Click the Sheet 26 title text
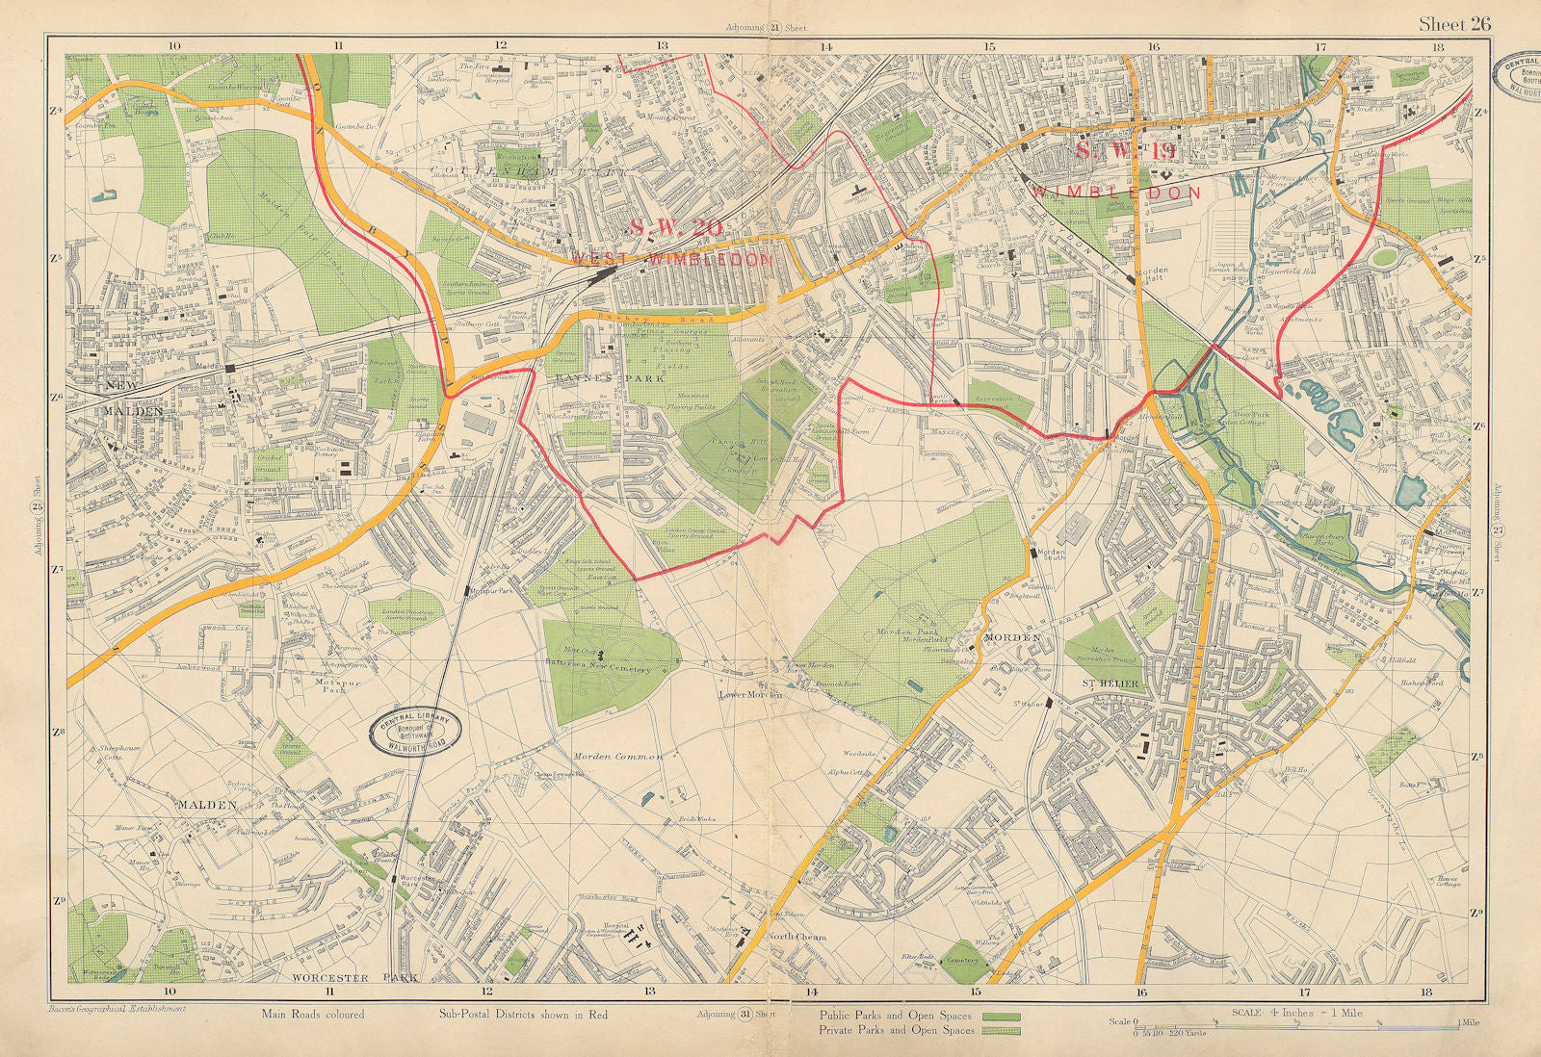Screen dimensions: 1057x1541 pos(1453,24)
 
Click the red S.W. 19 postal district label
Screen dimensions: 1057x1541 pos(1123,152)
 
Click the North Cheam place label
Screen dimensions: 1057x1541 pos(797,938)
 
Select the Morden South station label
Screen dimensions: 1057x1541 pos(1049,557)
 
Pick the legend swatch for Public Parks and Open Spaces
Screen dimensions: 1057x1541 pos(1001,1016)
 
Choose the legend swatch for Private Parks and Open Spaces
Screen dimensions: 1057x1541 pos(1001,1030)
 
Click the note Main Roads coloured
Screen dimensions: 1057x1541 pos(312,1014)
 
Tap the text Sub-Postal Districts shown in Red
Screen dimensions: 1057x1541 pos(523,1014)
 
